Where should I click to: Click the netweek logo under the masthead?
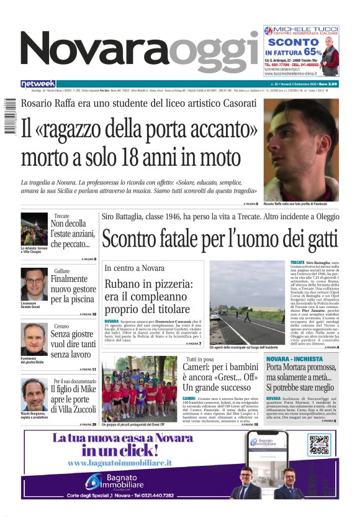(38, 84)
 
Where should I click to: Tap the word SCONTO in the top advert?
(292, 42)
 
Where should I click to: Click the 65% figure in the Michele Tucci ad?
(313, 52)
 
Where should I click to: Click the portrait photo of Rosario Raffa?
(301, 149)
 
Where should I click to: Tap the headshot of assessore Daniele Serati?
(34, 284)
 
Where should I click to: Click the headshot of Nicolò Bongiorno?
(34, 394)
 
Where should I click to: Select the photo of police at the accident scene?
(247, 302)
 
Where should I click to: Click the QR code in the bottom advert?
(319, 445)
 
